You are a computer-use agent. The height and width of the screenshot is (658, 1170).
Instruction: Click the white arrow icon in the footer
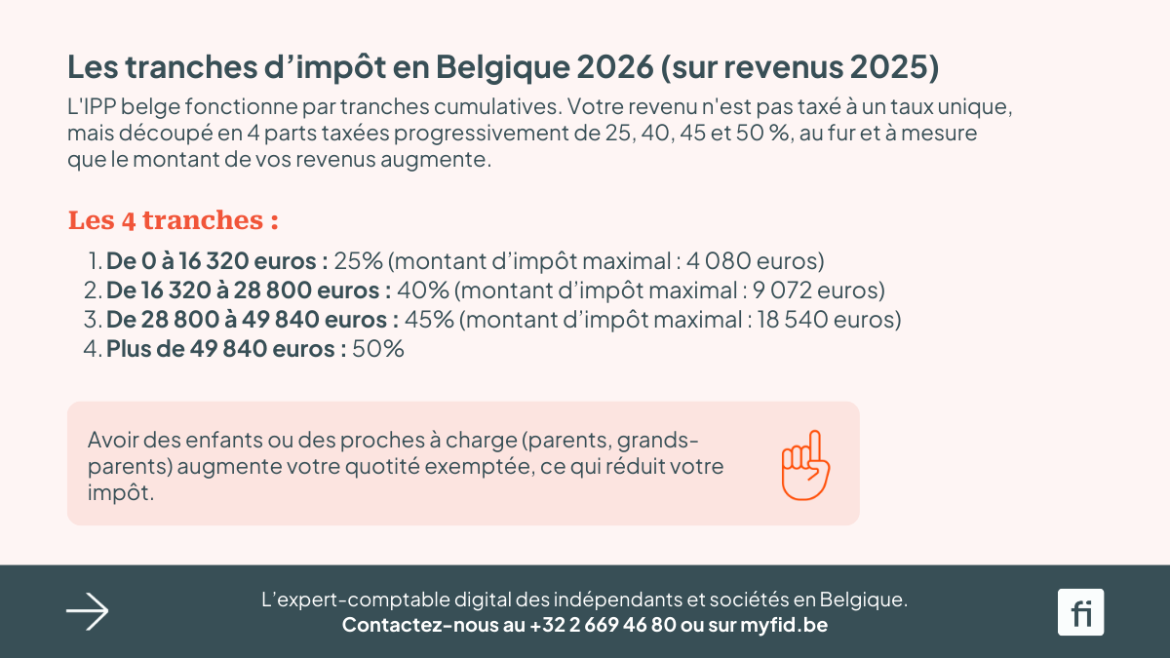(88, 612)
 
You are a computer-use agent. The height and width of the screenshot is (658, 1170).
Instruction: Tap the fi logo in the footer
(1080, 612)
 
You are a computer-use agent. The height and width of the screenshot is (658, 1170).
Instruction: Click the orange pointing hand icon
(804, 465)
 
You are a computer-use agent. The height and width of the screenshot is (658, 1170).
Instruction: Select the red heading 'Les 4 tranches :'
(174, 221)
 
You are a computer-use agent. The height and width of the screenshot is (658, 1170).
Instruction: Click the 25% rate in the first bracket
(358, 261)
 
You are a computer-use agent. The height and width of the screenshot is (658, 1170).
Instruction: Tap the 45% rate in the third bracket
(429, 320)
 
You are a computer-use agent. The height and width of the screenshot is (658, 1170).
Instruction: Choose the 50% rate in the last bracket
(378, 349)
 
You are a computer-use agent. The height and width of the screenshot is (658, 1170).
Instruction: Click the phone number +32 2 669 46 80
(603, 625)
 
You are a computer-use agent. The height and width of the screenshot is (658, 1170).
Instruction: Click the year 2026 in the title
(614, 68)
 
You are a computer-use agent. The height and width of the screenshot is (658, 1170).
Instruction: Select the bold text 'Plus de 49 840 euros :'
(226, 349)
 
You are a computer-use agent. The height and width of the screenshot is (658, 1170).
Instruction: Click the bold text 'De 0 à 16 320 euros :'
(216, 261)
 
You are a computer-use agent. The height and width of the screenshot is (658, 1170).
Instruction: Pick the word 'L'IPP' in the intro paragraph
(93, 105)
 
